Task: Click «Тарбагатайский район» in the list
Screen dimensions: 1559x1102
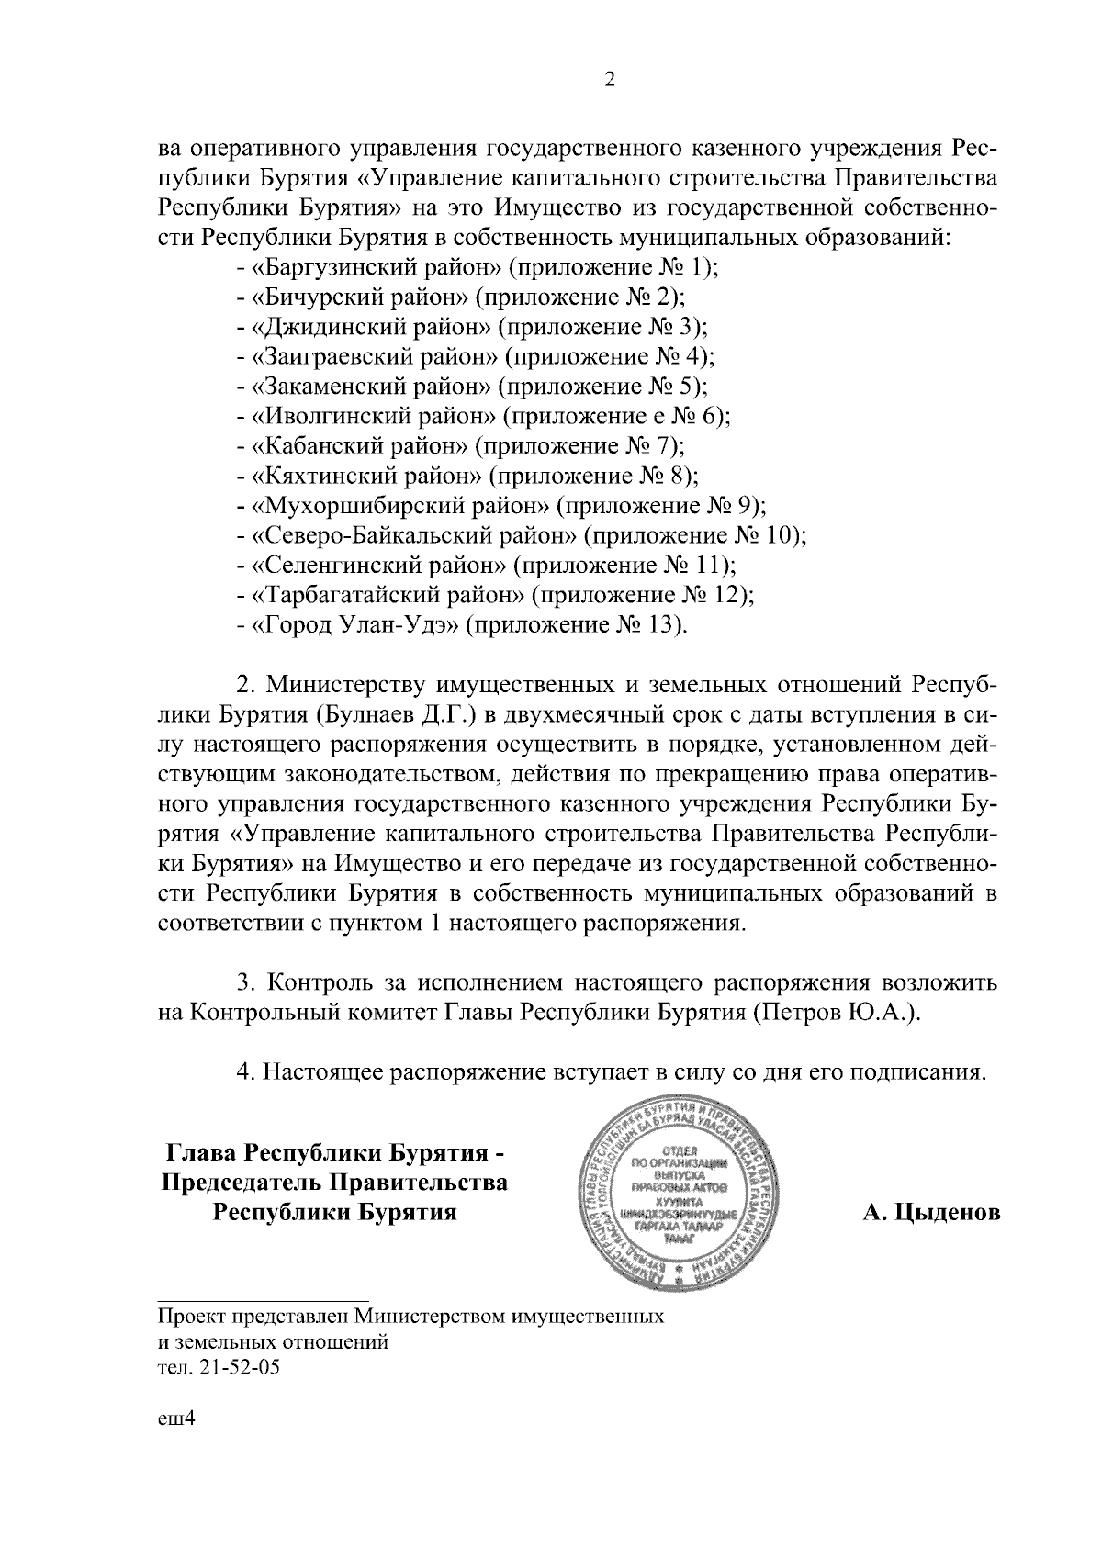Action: click(x=388, y=596)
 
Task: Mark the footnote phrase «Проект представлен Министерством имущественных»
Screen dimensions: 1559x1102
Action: click(x=410, y=1317)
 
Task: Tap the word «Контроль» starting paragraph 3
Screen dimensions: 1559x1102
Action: click(x=318, y=983)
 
